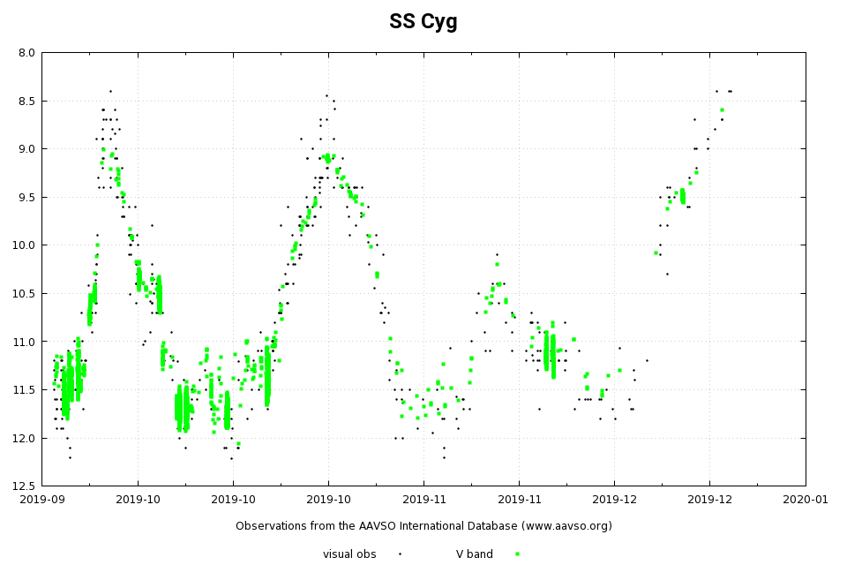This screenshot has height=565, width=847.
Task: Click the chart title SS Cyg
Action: tap(423, 22)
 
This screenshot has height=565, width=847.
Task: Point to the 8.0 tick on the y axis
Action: tap(26, 53)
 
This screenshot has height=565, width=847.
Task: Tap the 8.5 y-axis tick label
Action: tap(26, 101)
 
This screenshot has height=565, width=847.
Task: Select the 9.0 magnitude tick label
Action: tap(26, 149)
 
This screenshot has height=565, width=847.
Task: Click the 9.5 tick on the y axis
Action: tap(26, 197)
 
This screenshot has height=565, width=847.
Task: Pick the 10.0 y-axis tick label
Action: tap(24, 245)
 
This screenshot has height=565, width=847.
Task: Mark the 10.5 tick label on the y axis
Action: tap(24, 293)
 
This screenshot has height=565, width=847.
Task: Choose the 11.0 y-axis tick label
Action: tap(24, 342)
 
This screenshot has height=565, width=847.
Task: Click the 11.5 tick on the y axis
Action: tap(24, 389)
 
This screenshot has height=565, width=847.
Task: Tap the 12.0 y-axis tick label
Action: tap(24, 438)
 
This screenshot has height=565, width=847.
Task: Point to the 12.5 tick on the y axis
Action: tap(24, 486)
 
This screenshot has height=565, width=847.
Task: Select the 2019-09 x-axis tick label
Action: tap(42, 500)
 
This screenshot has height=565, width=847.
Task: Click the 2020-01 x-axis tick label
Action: tap(806, 500)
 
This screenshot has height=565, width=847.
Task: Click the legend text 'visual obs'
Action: tap(349, 554)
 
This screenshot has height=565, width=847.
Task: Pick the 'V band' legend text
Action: tap(475, 554)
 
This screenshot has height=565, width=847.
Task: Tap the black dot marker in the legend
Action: tap(400, 554)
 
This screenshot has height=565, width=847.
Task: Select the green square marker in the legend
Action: tap(517, 554)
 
